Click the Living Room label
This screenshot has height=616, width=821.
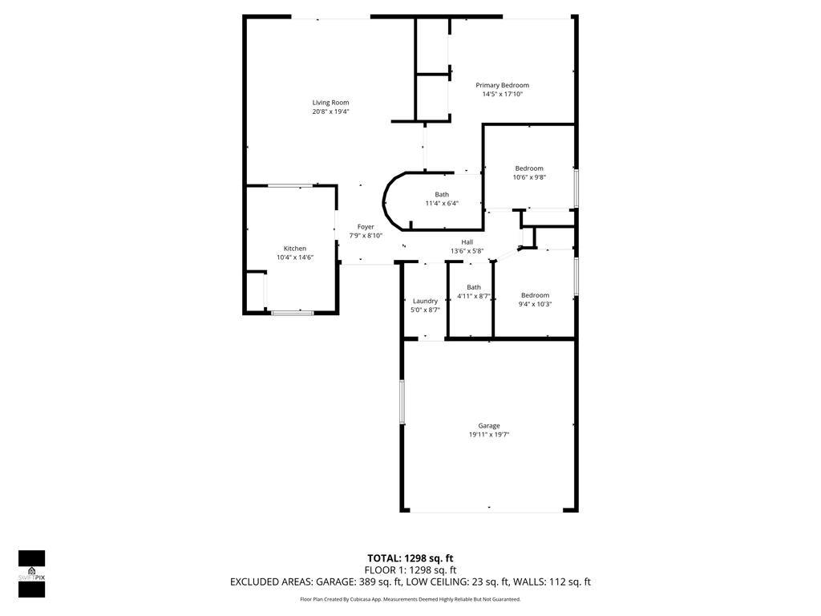[330, 103]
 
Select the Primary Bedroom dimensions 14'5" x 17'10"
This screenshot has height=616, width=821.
[502, 95]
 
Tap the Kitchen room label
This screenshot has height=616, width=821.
[295, 249]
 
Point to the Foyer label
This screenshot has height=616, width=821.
[366, 227]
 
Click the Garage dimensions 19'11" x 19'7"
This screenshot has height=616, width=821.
[488, 434]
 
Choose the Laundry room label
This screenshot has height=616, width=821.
[425, 302]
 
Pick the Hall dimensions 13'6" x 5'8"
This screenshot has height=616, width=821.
[467, 251]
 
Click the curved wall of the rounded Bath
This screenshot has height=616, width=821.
[385, 201]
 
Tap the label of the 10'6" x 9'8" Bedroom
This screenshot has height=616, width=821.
[529, 168]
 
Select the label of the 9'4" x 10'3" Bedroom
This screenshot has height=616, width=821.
[535, 295]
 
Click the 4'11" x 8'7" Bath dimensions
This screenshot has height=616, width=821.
[473, 296]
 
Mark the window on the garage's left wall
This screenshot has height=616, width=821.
[402, 402]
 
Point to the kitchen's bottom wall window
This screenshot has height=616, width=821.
[292, 313]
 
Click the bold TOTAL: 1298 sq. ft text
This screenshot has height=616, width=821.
[410, 558]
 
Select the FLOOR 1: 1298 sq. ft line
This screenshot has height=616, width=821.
[410, 570]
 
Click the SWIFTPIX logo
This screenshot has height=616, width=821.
[31, 573]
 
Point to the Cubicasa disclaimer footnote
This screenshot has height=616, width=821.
[410, 599]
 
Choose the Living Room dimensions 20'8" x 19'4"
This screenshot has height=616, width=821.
[330, 111]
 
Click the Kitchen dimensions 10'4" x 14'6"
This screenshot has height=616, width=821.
[295, 257]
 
